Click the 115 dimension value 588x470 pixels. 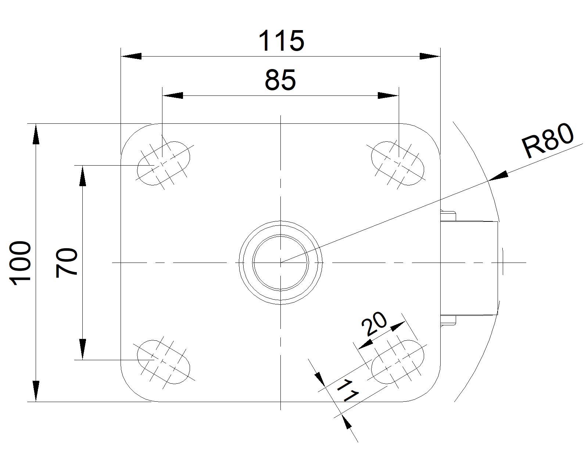[281, 41]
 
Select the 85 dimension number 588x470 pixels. [280, 80]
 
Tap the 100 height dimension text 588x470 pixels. [20, 263]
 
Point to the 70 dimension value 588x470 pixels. [67, 263]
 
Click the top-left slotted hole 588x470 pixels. [164, 163]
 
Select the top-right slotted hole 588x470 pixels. [398, 163]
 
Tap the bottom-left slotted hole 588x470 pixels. [164, 362]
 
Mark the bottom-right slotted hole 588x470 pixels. [398, 362]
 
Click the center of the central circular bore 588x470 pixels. [281, 263]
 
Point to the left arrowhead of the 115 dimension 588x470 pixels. [132, 56]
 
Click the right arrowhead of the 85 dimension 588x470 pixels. [388, 95]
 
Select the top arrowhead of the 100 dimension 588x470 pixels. [36, 134]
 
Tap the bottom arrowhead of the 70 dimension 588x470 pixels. [83, 350]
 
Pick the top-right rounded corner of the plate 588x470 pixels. [429, 135]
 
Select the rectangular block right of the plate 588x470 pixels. [469, 268]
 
